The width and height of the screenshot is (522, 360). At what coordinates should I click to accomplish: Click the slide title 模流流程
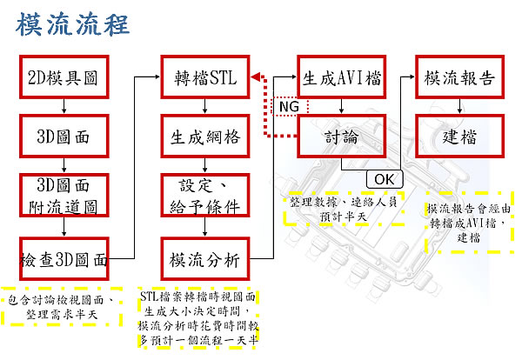tap(73, 23)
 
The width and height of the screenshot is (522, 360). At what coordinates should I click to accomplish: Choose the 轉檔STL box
tap(204, 78)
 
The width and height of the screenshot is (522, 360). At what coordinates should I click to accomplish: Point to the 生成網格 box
tap(204, 137)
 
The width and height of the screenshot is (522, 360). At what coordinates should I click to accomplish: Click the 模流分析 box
tap(204, 258)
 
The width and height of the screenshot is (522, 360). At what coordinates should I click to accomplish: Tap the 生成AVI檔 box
tap(342, 78)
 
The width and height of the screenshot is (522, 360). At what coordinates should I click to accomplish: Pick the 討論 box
tap(342, 137)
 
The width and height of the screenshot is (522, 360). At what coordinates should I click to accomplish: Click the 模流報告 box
tap(460, 78)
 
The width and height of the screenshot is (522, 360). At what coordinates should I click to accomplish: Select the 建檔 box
tap(460, 137)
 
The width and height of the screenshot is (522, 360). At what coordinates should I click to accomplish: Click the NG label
tap(286, 107)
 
